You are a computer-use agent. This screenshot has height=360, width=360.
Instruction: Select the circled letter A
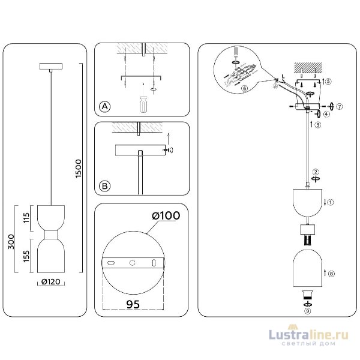pyautogui.click(x=105, y=107)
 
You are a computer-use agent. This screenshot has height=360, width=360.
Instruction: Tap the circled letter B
pyautogui.click(x=105, y=187)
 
